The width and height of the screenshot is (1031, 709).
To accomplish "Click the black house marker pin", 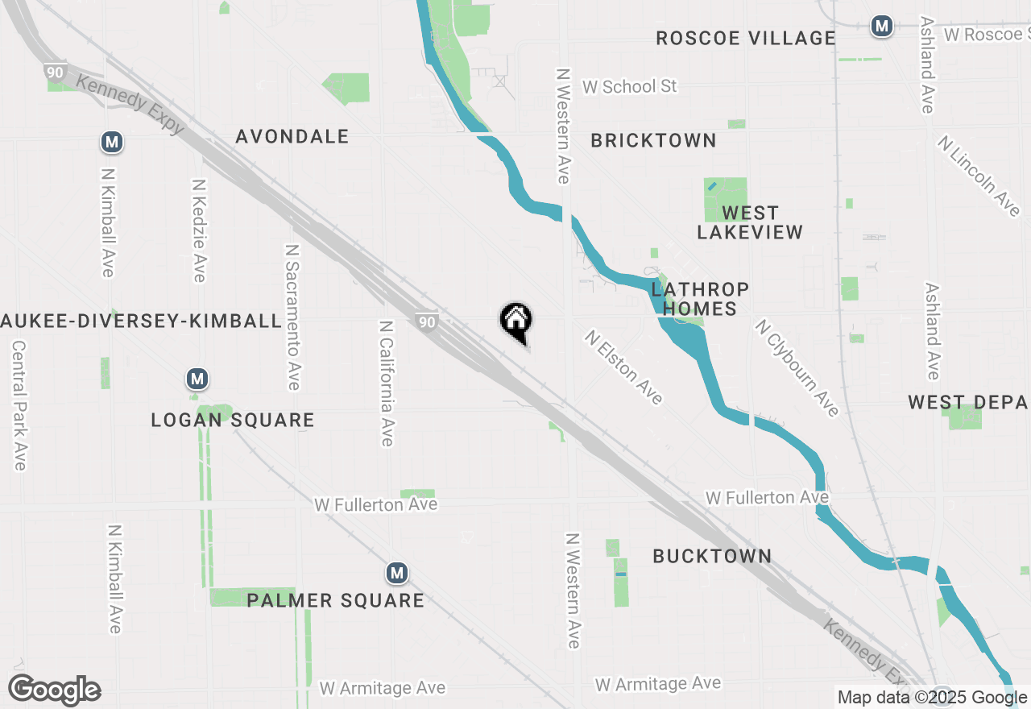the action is [x=515, y=321].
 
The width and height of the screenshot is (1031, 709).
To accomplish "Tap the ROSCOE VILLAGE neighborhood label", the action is [x=745, y=38].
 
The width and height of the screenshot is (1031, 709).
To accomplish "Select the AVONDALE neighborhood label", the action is [x=292, y=136].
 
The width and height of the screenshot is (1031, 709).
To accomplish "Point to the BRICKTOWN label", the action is [x=653, y=140].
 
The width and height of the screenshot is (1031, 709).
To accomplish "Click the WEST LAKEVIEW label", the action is [x=750, y=222].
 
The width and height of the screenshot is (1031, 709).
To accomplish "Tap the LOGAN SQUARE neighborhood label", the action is [x=233, y=420].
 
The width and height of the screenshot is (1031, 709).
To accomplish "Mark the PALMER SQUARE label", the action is [x=335, y=600].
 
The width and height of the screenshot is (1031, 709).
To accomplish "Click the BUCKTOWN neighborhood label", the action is [x=712, y=556].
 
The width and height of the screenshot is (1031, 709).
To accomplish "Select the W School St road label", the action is [x=629, y=86].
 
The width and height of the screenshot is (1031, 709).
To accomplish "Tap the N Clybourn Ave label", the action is [x=797, y=368].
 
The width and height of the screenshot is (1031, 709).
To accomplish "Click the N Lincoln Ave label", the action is [x=979, y=176].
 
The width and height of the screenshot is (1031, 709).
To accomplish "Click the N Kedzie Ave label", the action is [x=198, y=230].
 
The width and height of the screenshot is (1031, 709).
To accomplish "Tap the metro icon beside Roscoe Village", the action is [x=882, y=26].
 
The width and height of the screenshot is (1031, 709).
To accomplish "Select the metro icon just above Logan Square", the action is [x=197, y=378].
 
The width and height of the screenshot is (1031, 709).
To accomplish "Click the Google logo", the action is [x=54, y=690].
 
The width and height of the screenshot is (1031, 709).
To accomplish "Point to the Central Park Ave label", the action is [x=19, y=405].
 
